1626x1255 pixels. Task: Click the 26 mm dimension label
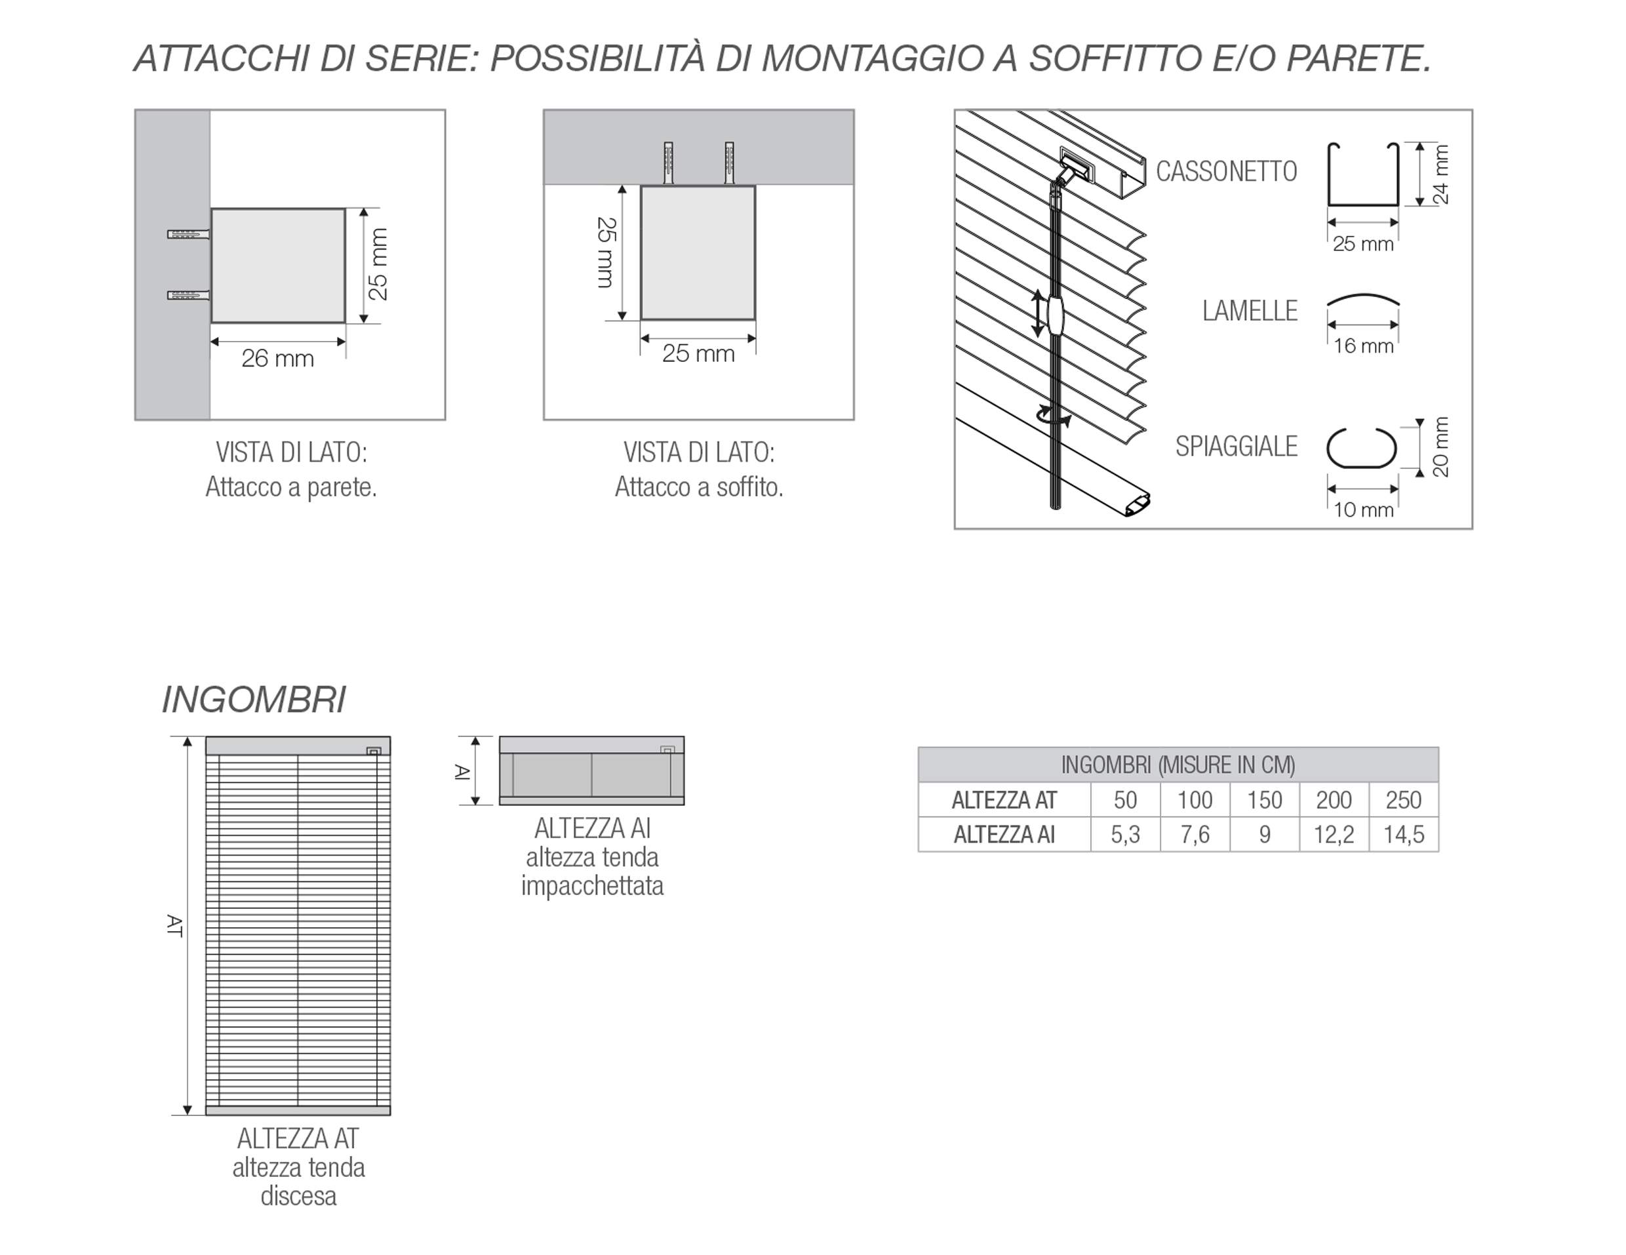click(x=278, y=359)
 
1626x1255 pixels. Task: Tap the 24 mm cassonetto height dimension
click(x=1440, y=175)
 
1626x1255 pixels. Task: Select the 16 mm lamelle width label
click(x=1363, y=346)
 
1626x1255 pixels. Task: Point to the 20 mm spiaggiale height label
click(x=1440, y=447)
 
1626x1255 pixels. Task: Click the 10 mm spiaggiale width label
click(x=1363, y=511)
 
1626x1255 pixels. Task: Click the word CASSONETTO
click(x=1226, y=172)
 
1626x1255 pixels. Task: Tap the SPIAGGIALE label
click(x=1236, y=447)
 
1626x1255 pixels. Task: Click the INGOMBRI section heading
click(x=254, y=700)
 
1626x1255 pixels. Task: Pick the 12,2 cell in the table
click(x=1334, y=835)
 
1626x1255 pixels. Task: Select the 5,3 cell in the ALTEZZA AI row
click(x=1125, y=835)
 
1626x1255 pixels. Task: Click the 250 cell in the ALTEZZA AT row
click(x=1403, y=800)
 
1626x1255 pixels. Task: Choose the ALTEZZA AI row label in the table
click(x=1004, y=835)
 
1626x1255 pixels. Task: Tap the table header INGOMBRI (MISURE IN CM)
click(x=1178, y=765)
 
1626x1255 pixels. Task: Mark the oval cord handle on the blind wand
click(x=1056, y=315)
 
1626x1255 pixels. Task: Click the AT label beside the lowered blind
click(x=174, y=925)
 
